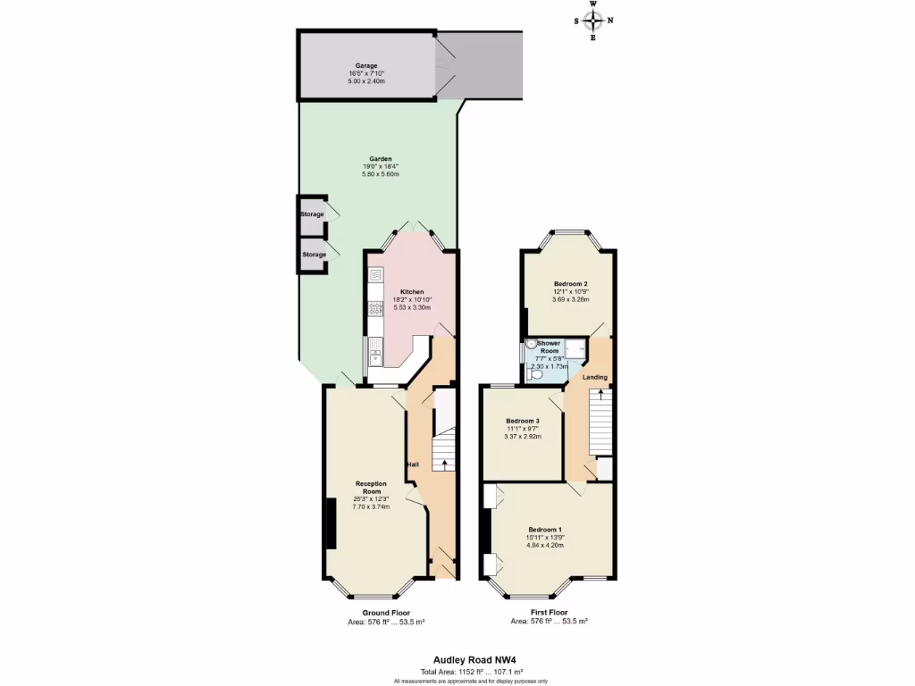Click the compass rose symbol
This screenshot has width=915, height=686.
[593, 21]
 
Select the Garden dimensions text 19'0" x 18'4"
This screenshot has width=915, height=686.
[381, 166]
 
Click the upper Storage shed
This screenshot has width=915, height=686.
[313, 214]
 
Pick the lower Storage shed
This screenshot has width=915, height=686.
[313, 255]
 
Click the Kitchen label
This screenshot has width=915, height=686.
[411, 292]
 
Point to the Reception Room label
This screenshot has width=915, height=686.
[369, 488]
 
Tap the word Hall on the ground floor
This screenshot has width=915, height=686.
[413, 464]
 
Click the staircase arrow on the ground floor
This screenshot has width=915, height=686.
[444, 462]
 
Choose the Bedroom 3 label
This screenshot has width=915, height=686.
[523, 421]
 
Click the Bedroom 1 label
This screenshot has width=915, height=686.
[545, 527]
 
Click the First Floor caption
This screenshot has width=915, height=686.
[549, 613]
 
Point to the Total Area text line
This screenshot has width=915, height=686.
[458, 671]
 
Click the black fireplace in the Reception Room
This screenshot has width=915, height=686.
[331, 524]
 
